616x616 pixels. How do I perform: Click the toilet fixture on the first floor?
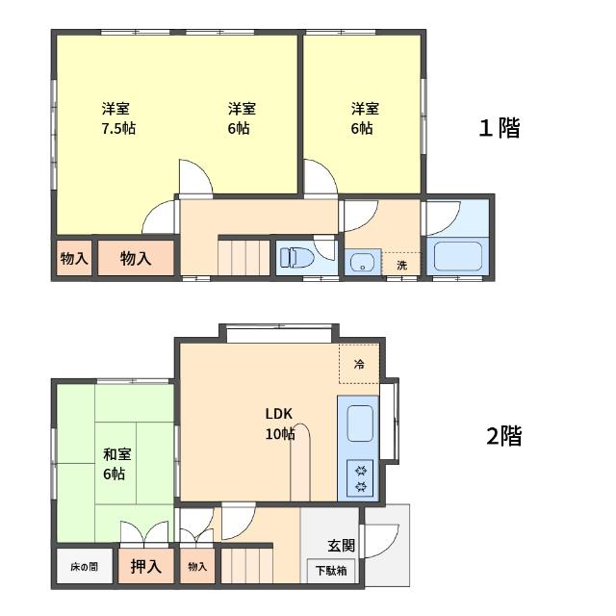point(297,258)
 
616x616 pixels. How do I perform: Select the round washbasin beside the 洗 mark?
point(362,262)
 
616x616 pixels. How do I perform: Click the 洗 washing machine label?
point(401,266)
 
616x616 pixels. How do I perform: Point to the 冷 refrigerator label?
point(359,364)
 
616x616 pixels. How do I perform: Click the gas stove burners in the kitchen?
point(360,478)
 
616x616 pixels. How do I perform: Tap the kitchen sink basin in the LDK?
point(360,423)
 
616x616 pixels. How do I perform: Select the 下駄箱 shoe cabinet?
point(331,571)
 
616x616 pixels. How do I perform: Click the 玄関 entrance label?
point(342,546)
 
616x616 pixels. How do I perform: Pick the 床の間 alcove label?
point(84,567)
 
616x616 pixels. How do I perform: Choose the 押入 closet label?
point(145,566)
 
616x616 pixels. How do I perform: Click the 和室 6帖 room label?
point(116,464)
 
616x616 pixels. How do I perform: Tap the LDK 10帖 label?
point(280,423)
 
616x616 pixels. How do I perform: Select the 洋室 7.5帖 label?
point(118,118)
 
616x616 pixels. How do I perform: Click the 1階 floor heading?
point(500,128)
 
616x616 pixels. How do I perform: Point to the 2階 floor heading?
point(504,436)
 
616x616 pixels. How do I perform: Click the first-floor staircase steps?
point(244,258)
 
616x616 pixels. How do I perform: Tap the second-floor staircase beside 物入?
point(246,566)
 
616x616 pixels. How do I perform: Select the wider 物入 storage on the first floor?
point(136,258)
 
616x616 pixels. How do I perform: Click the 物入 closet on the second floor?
point(197,566)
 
